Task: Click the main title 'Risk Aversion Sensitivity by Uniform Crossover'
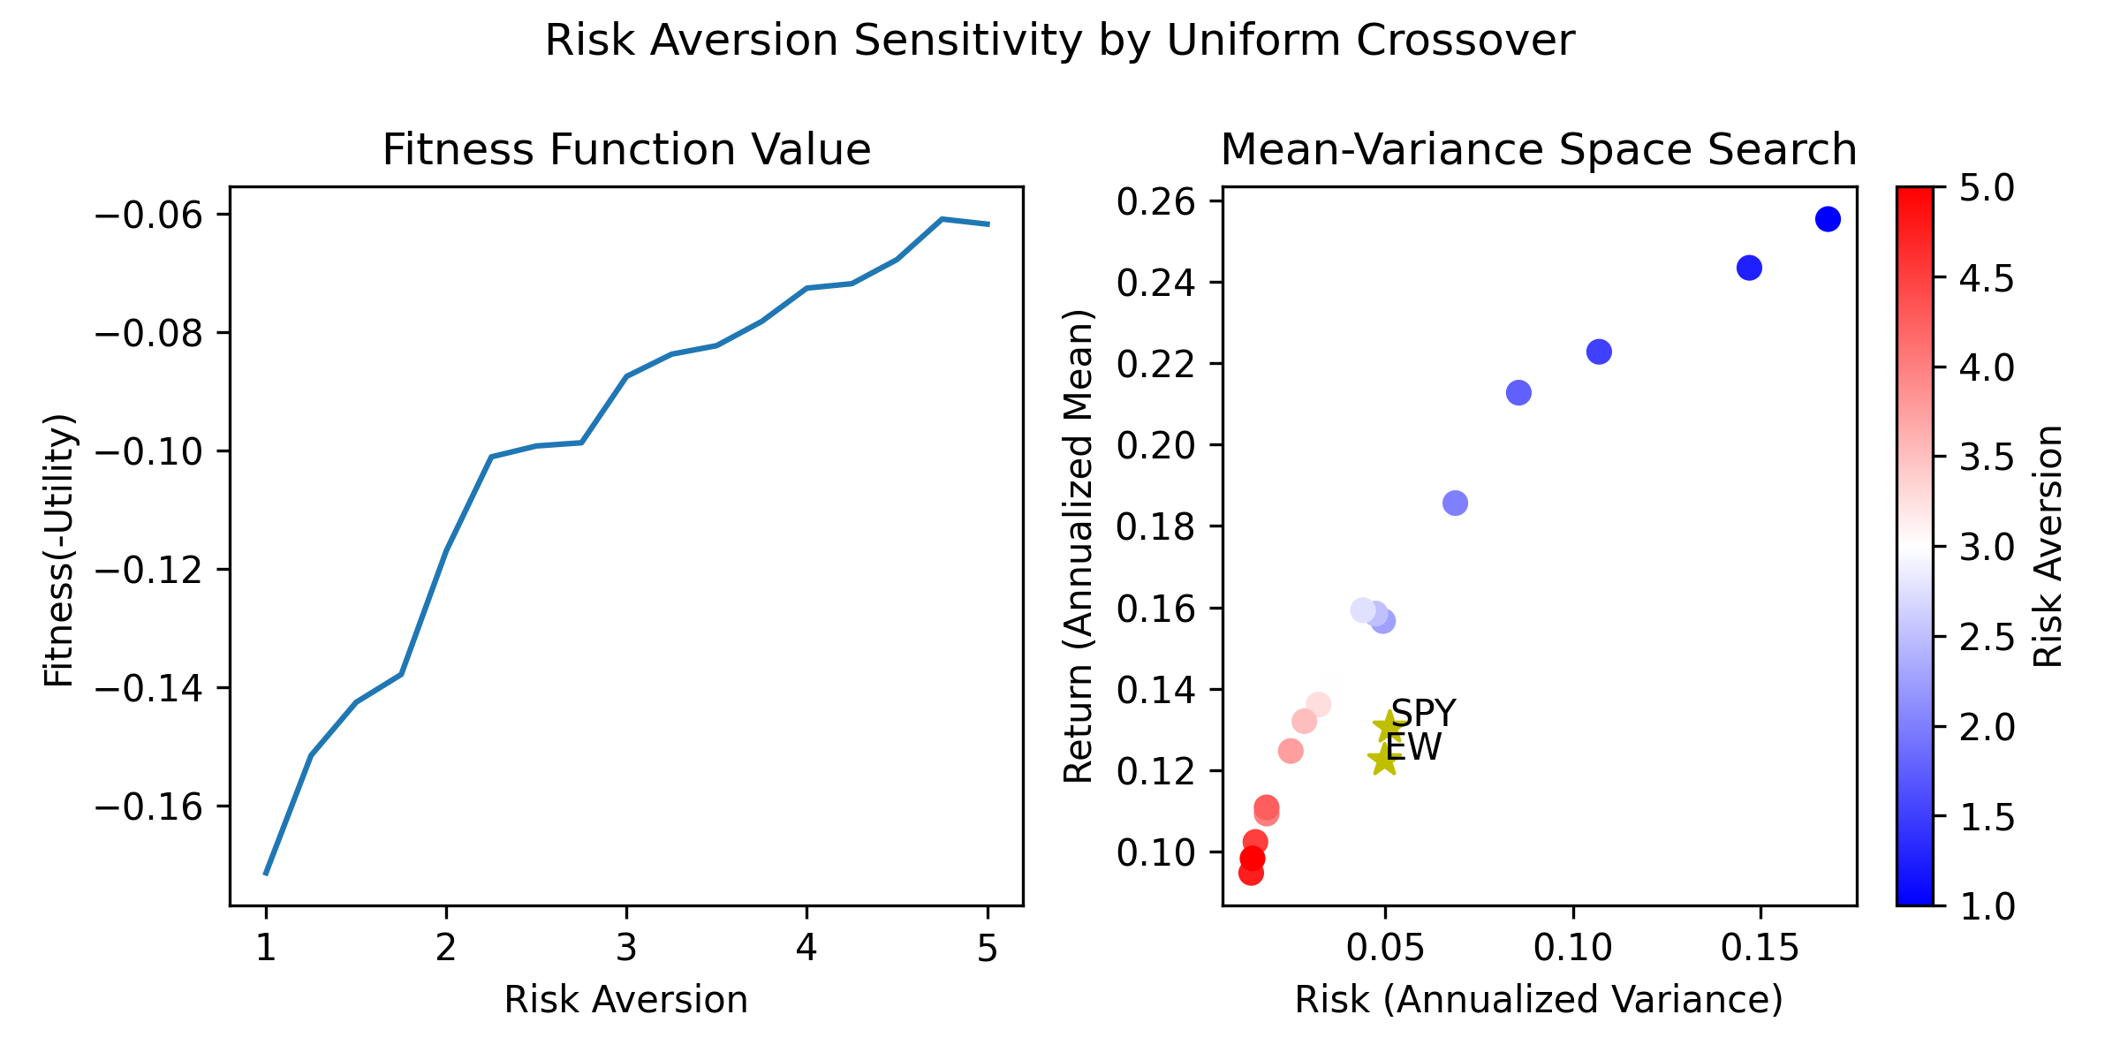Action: coord(1059,41)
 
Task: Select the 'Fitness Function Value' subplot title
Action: coord(626,150)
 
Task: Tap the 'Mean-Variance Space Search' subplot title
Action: coord(1539,150)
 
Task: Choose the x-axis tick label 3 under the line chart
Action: coord(626,949)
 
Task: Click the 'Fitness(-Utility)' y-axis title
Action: coord(59,549)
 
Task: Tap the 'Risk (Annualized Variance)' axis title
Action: coord(1539,1000)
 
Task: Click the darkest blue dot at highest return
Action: coord(1828,219)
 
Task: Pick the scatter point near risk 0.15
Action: coord(1749,268)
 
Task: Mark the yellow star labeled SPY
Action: coord(1389,728)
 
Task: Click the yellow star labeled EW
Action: coord(1384,760)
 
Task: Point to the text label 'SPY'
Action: coord(1423,713)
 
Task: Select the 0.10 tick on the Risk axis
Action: coord(1573,949)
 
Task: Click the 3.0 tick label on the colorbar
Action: coord(1986,548)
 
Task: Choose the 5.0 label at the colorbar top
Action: coord(1986,188)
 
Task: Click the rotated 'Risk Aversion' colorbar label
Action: coord(2048,546)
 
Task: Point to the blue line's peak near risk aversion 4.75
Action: coord(943,218)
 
